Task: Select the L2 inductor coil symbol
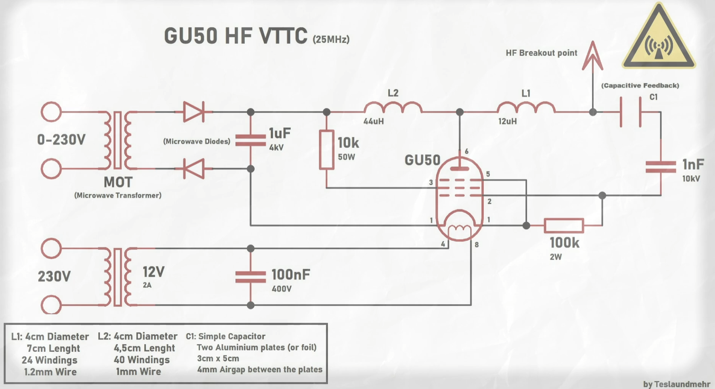pos(393,107)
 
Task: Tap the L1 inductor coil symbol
pos(526,107)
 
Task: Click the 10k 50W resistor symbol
pos(326,149)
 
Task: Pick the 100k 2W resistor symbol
pos(564,226)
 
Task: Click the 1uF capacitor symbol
pos(251,140)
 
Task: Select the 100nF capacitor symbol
pos(251,277)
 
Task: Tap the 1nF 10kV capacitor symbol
pos(661,167)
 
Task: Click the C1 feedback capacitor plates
pos(631,113)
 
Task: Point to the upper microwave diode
pos(194,112)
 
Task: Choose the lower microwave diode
pos(194,169)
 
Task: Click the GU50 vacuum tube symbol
pos(460,198)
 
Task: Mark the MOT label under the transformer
pos(118,182)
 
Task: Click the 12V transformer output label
pos(153,272)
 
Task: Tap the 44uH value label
pos(374,121)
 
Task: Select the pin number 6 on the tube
pos(467,151)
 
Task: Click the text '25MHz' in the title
pos(331,40)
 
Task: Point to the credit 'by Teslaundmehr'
pos(677,384)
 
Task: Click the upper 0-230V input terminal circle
pos(51,112)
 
